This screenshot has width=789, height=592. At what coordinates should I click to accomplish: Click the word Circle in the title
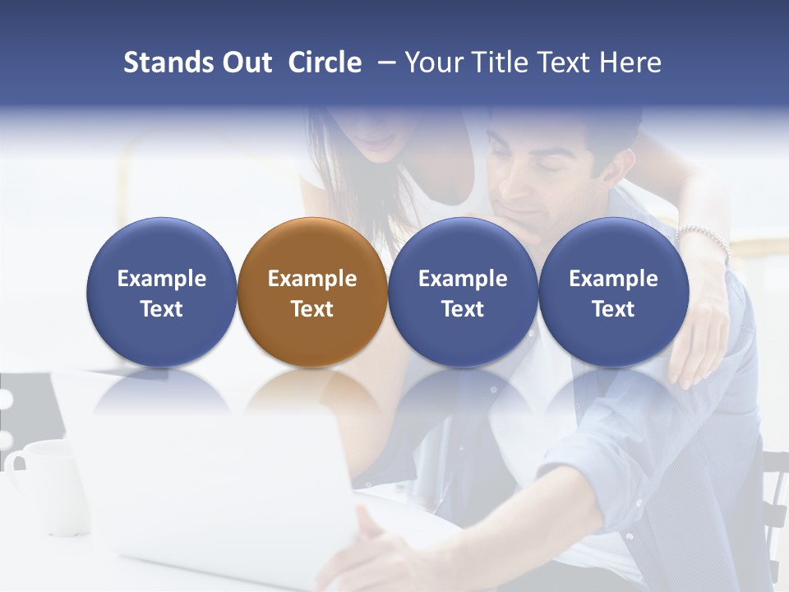pos(325,62)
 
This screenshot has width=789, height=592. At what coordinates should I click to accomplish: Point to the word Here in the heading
pos(630,62)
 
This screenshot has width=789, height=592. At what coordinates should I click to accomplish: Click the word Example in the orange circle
pos(312,279)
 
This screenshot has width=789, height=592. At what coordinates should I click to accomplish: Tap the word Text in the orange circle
pos(312,309)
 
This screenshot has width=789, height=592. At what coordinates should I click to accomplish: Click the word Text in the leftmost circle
pos(161,309)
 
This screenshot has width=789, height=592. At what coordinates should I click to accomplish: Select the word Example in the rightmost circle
pos(613,279)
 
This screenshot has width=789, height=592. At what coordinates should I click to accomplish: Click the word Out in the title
pos(244,62)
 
